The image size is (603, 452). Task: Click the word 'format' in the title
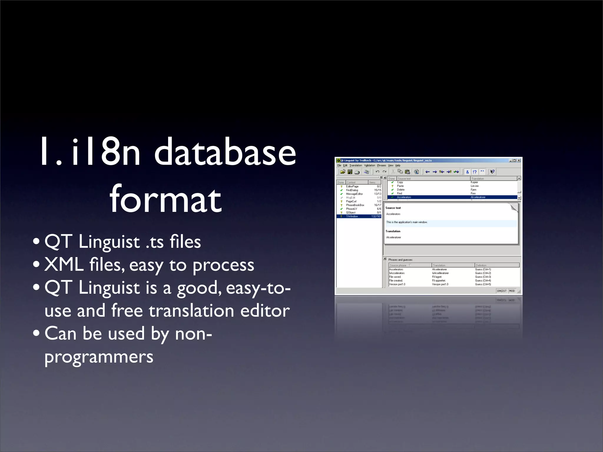[165, 199]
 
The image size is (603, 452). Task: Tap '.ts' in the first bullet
[155, 242]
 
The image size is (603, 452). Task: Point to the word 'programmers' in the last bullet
[99, 357]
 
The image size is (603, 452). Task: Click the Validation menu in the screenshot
[370, 166]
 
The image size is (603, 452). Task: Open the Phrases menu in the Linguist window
[381, 166]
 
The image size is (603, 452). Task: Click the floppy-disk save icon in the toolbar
[350, 172]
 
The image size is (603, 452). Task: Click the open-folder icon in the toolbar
[342, 172]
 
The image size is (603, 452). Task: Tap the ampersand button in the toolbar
[467, 172]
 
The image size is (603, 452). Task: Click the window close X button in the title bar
[519, 161]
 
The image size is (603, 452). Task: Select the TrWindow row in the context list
[352, 216]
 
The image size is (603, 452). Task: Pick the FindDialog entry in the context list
[352, 190]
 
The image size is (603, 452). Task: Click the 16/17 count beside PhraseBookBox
[377, 205]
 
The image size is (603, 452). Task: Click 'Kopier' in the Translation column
[474, 182]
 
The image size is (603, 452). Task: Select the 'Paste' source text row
[400, 186]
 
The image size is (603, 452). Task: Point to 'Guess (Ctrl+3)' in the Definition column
[483, 277]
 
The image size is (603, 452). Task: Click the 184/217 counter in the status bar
[501, 291]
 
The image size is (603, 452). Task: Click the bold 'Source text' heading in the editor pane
[393, 208]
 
